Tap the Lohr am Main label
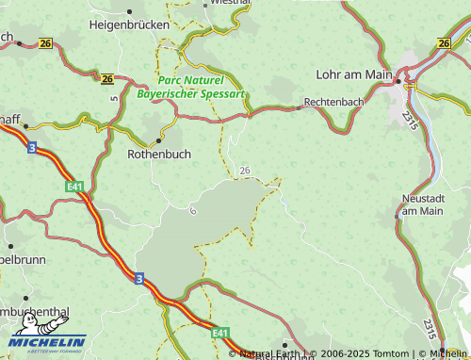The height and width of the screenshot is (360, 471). [x=354, y=74]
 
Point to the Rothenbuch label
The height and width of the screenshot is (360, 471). [x=158, y=154]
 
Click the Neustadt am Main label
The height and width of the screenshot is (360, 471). [x=422, y=205]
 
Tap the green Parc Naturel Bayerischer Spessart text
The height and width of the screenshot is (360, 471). [x=190, y=88]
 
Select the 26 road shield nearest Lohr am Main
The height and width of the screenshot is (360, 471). [x=445, y=43]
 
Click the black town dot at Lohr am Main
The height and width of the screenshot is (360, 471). [x=398, y=82]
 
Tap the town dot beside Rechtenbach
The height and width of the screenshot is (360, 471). [x=300, y=107]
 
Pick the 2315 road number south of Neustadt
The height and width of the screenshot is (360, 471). [x=429, y=331]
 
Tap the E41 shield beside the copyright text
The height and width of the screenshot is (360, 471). [x=220, y=333]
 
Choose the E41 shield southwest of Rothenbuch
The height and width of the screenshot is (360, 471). [x=75, y=188]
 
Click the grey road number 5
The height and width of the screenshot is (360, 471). [x=114, y=96]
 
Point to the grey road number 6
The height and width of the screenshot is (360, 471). [x=193, y=209]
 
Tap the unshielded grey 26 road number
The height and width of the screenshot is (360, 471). [x=245, y=170]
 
